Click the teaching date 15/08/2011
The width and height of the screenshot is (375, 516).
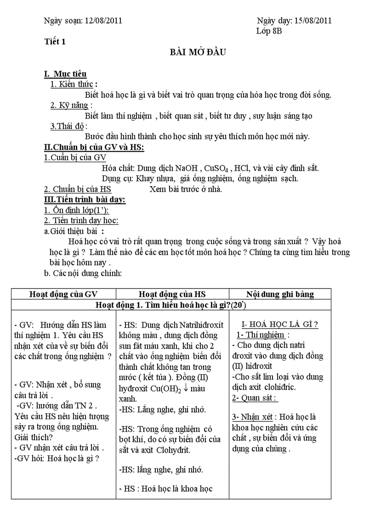click(313, 20)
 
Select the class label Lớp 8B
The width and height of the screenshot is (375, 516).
click(269, 31)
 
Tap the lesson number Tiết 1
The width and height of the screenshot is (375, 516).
click(55, 42)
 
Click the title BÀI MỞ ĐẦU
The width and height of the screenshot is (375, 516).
click(195, 52)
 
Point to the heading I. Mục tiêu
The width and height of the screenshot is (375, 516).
click(65, 74)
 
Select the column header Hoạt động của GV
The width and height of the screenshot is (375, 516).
click(63, 294)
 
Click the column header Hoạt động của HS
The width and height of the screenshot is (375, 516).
click(172, 294)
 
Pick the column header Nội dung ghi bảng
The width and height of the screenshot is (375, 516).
click(280, 294)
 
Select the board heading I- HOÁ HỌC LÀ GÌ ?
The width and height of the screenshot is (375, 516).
click(280, 324)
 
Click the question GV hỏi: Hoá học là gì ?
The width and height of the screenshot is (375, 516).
click(57, 458)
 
